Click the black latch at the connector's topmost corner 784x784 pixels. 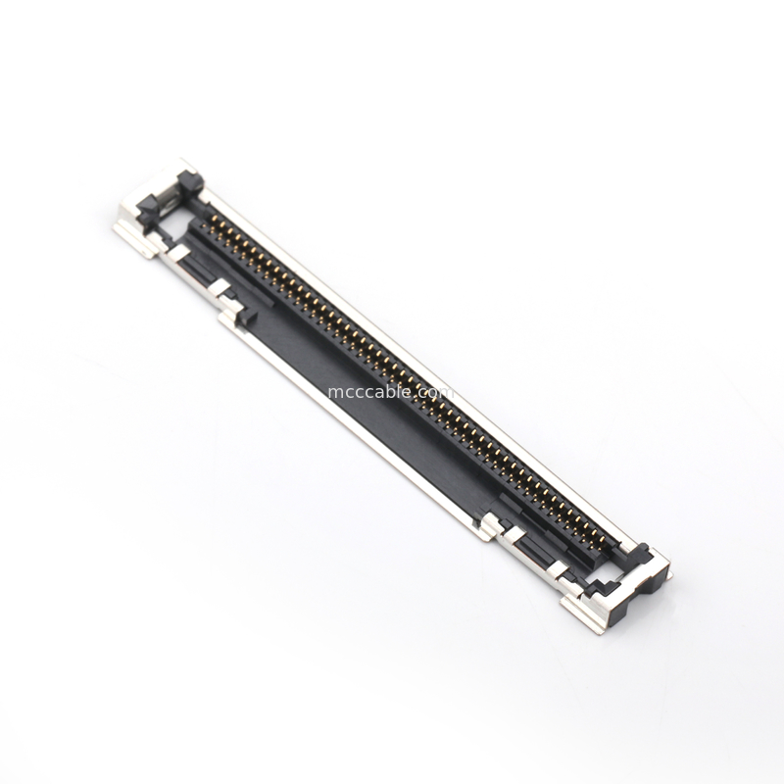click(183, 181)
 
